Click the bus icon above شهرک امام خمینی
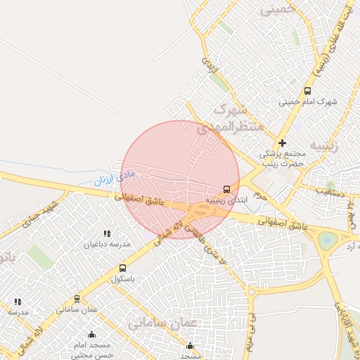307,91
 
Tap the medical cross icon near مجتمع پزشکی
283,143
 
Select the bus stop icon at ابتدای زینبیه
226,189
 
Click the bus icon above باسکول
123,268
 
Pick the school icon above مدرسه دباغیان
107,233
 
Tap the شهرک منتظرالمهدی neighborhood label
229,118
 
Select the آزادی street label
210,67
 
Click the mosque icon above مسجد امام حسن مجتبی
92,335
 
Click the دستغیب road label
329,191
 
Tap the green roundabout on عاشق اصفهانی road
327,240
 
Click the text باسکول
123,278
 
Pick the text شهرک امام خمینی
308,102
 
